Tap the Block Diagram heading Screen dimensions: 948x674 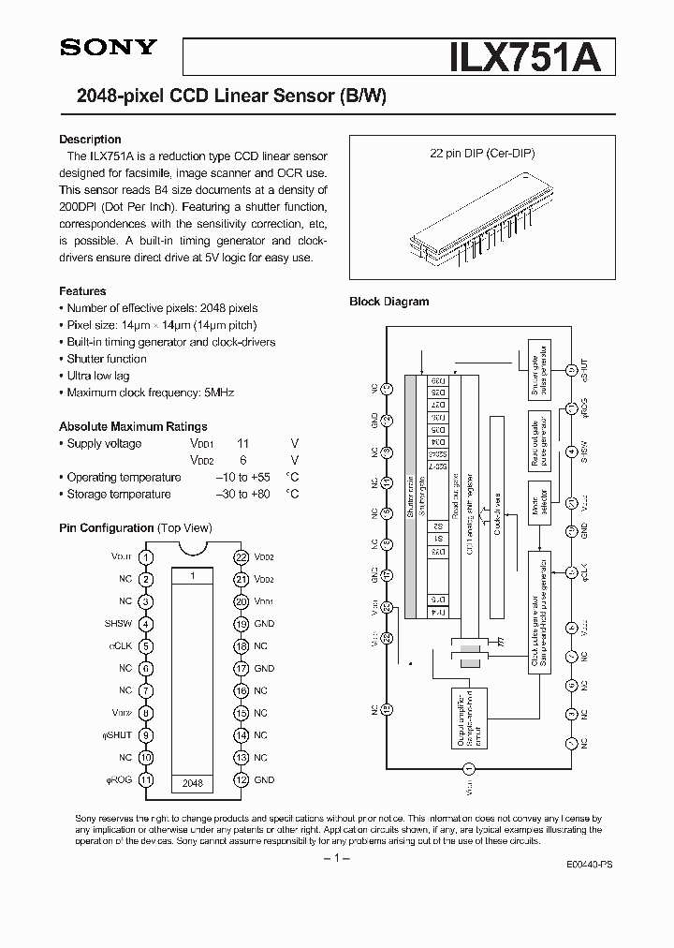(x=388, y=302)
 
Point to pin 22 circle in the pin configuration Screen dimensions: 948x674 (x=241, y=556)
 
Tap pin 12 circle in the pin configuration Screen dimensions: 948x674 (x=241, y=780)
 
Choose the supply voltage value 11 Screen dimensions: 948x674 (x=242, y=444)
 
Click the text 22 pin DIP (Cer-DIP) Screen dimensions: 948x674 (x=484, y=154)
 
